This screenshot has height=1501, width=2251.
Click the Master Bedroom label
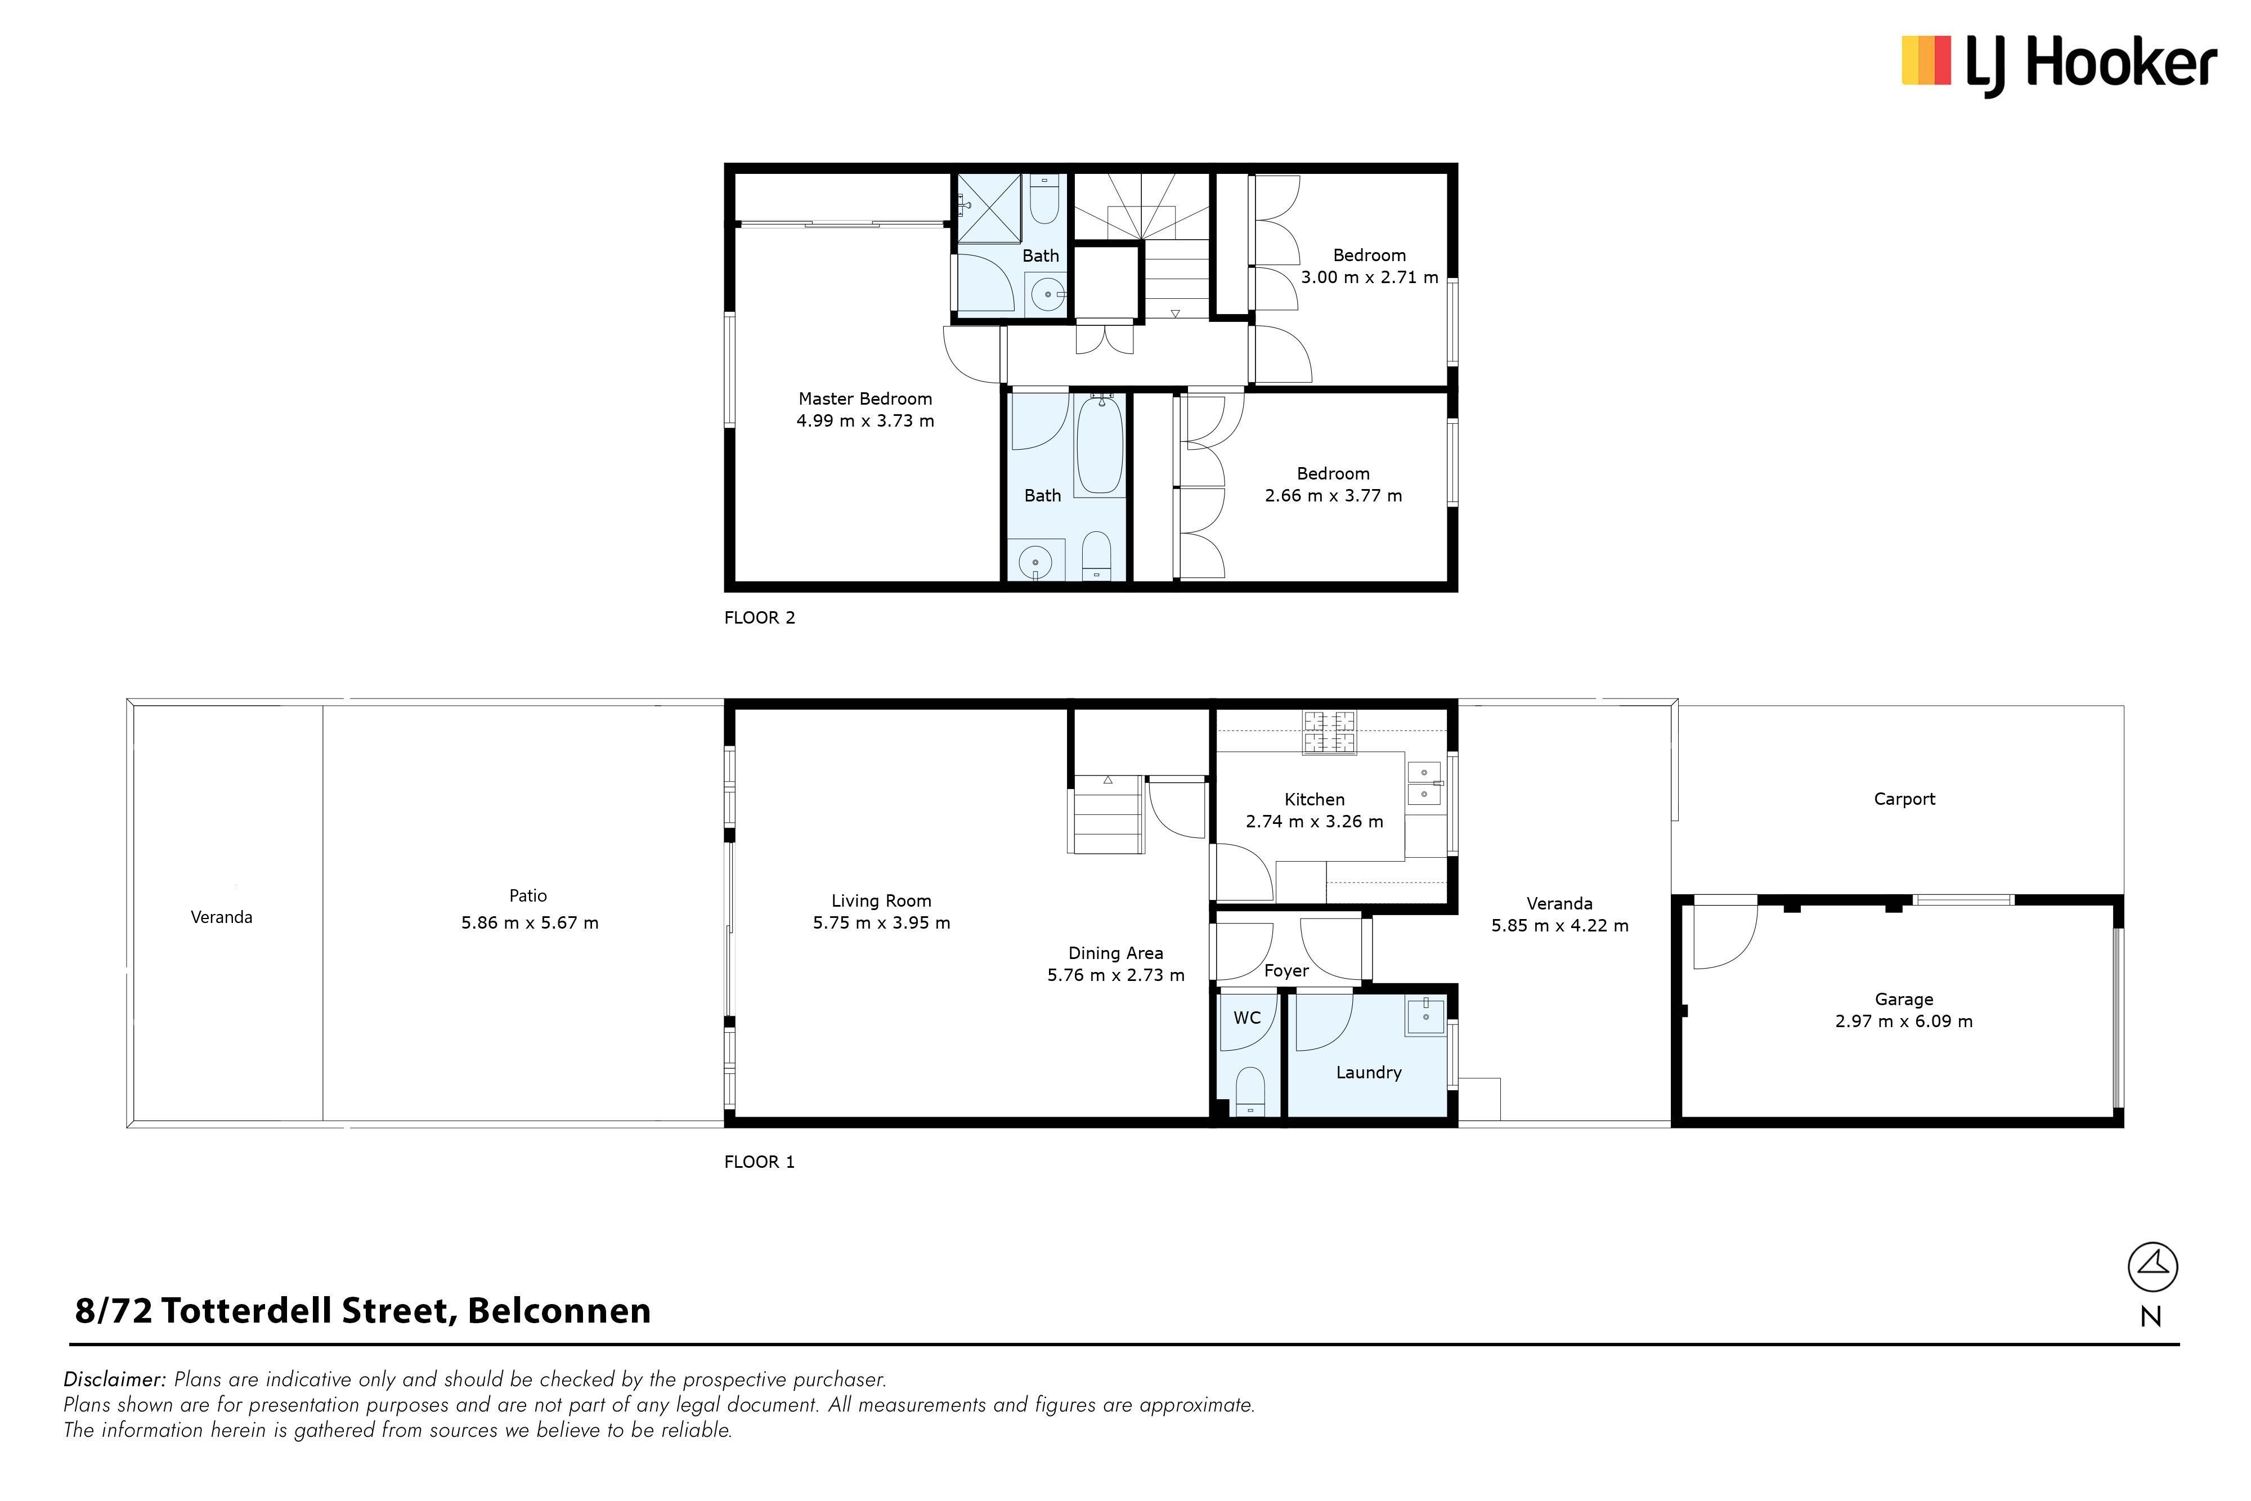(865, 399)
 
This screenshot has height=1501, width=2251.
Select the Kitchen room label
(1314, 799)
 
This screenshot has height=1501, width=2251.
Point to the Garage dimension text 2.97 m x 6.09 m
(1904, 1021)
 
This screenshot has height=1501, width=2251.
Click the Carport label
(1904, 799)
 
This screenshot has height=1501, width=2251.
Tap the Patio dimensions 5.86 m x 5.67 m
(529, 923)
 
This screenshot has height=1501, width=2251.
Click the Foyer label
(1286, 971)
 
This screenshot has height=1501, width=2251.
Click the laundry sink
(1425, 1016)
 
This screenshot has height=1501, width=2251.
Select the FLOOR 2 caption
(759, 619)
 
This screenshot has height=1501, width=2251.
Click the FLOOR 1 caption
(759, 1162)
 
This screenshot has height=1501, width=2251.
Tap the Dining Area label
(1116, 953)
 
